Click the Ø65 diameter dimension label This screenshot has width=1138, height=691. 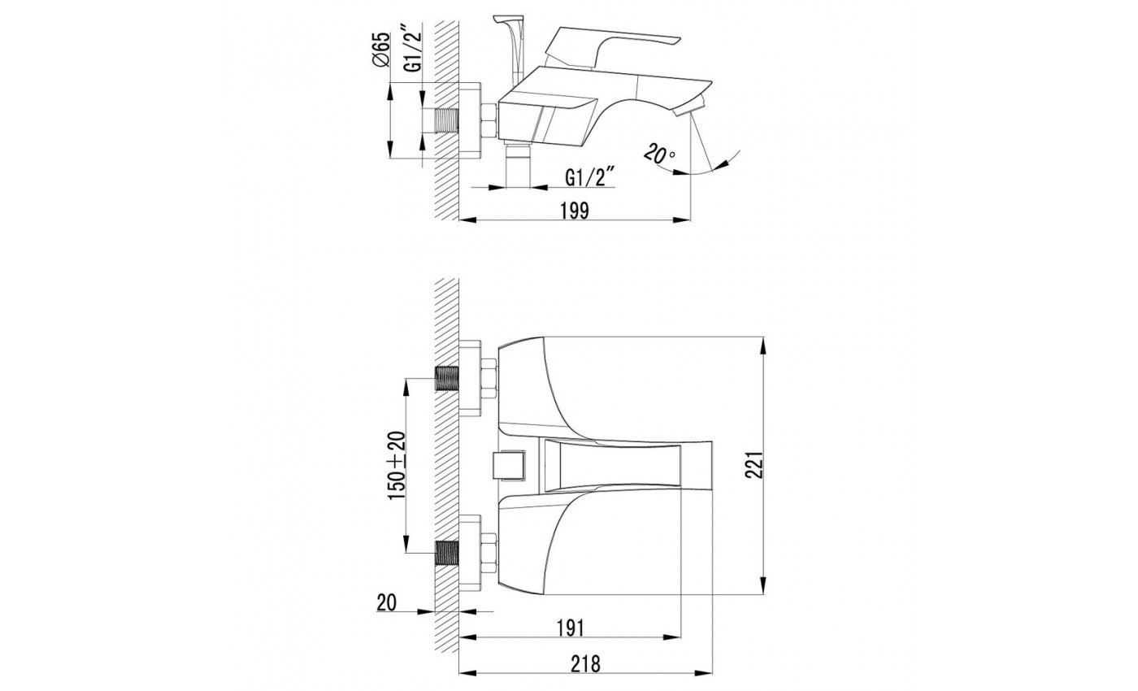381,50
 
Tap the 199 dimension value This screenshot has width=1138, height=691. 574,211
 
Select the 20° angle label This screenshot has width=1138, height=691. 659,154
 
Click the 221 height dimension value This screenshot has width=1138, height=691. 755,464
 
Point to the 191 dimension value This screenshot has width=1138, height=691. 571,628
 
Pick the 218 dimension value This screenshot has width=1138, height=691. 585,664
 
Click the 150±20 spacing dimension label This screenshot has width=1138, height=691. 397,465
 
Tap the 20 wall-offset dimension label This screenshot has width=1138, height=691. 386,602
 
